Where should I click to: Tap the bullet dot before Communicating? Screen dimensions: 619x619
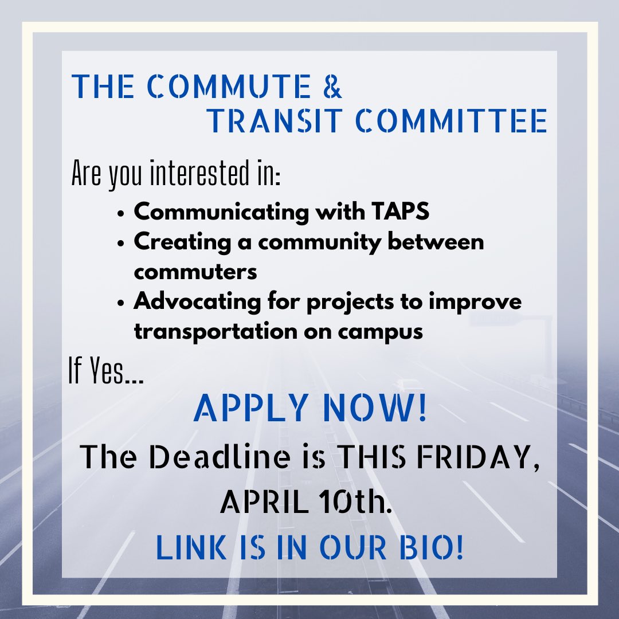click(x=120, y=213)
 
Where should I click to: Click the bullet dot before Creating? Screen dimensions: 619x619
click(x=120, y=243)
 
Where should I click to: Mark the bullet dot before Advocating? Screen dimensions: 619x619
click(x=120, y=303)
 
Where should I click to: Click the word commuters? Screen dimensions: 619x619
click(x=195, y=272)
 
